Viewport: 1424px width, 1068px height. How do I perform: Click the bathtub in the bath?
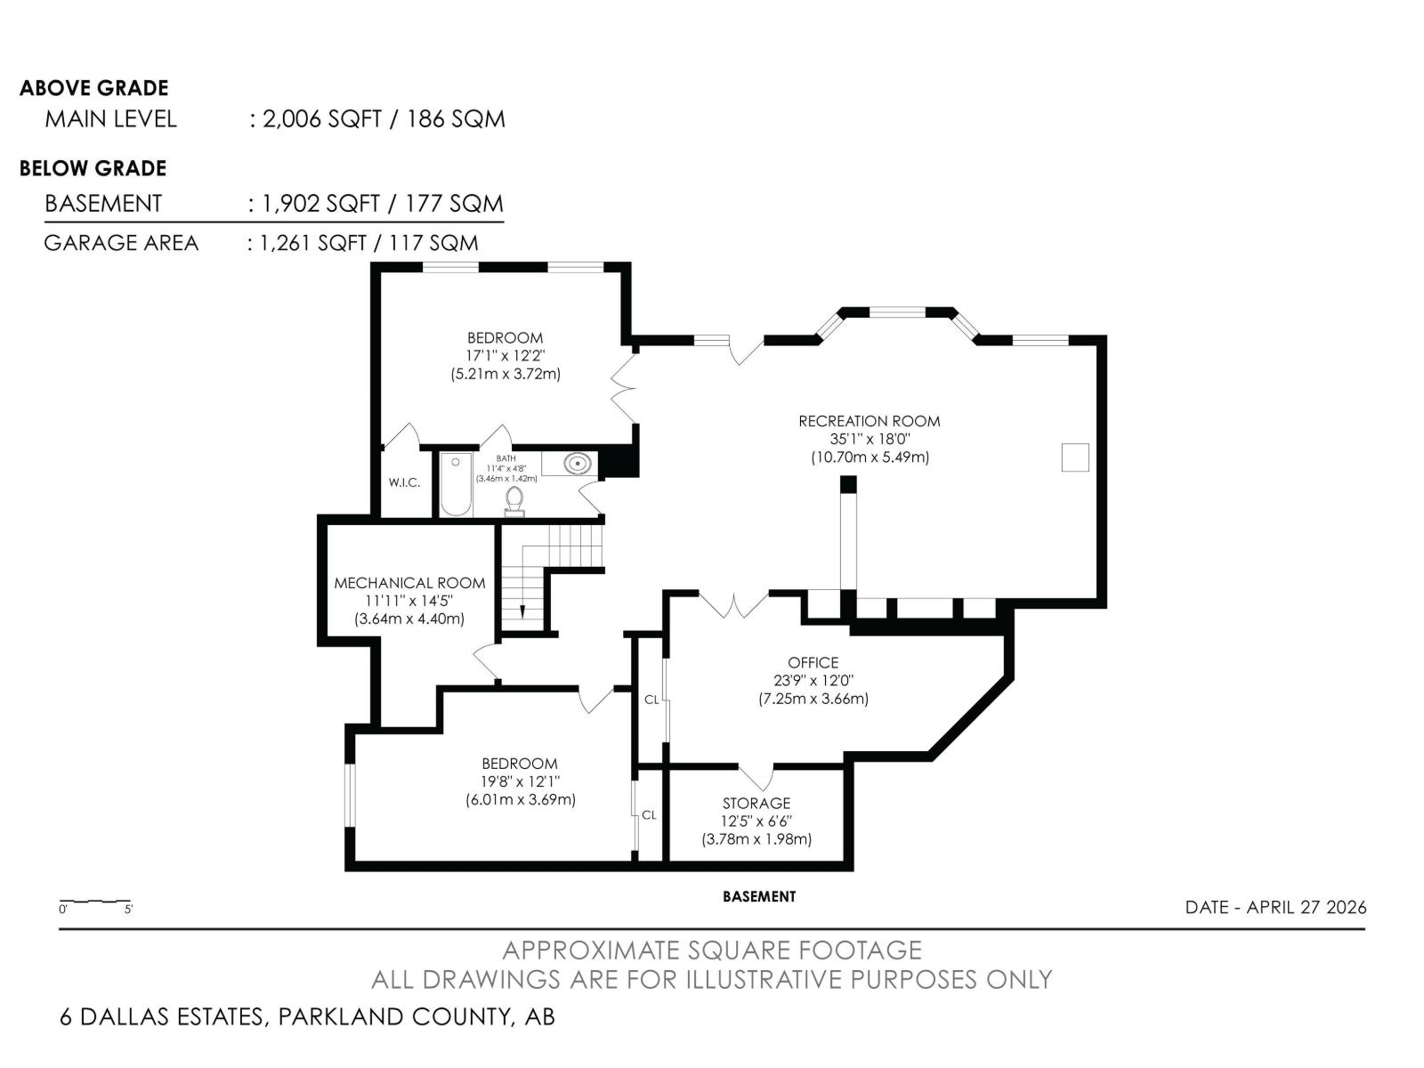coord(456,485)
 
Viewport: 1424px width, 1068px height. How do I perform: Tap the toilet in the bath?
coord(514,501)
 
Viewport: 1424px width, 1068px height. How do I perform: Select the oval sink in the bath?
coord(578,464)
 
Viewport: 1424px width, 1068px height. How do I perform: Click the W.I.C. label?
coord(404,482)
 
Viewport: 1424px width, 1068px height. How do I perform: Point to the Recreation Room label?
coord(869,421)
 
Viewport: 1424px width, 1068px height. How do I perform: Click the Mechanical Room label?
coord(409,583)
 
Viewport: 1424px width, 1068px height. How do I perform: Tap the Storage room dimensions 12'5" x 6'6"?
coord(756,821)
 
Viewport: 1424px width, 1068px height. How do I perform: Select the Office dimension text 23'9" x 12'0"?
coord(813,680)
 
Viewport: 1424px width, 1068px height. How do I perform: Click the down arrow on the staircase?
coord(522,611)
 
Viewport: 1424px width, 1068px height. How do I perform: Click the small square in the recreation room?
coord(1075,457)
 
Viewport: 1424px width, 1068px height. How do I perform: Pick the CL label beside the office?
coord(651,700)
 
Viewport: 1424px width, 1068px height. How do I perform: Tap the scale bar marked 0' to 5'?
coord(95,904)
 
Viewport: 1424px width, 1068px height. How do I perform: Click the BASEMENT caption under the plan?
coord(759,896)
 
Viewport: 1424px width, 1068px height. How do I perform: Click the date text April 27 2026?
coord(1275,907)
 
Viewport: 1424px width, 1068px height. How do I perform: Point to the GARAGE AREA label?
coord(121,243)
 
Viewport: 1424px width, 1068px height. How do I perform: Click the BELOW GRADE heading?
coord(93,168)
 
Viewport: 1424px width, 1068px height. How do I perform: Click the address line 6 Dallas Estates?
coord(307,1016)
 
